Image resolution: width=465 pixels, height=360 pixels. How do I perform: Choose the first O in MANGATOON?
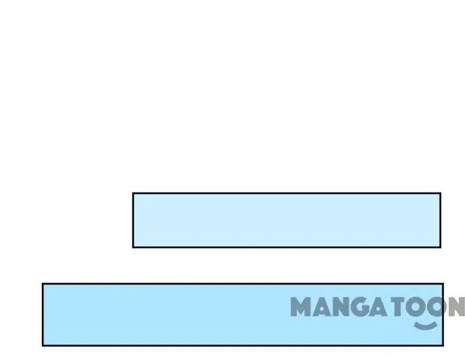point(417,306)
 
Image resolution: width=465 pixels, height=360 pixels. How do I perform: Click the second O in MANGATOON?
point(437,306)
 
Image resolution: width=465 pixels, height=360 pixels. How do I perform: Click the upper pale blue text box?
point(286,220)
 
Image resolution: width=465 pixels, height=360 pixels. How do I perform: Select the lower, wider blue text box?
point(174,314)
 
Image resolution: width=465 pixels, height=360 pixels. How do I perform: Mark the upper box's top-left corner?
point(133,193)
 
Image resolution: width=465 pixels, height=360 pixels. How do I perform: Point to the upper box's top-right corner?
point(440,193)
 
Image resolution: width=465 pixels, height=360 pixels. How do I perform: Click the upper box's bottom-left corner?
point(133,247)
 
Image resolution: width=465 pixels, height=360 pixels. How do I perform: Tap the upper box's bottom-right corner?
point(440,247)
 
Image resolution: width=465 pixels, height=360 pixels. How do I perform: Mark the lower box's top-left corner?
point(43,284)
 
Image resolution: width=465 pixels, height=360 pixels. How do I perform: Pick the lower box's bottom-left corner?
point(43,345)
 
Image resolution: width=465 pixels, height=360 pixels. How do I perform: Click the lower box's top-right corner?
point(442,284)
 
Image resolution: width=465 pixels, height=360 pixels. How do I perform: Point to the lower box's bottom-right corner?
point(442,345)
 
